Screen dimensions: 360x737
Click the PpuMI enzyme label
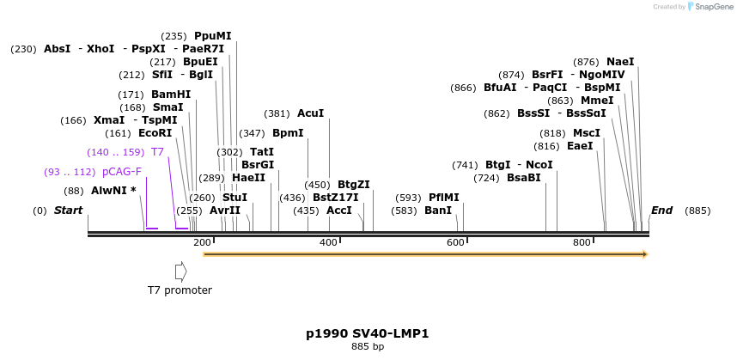(x=212, y=36)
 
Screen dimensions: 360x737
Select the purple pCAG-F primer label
(x=121, y=172)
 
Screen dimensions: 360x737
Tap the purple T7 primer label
(x=157, y=152)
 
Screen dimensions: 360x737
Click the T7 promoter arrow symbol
(x=180, y=272)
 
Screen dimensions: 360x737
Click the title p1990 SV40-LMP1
(x=367, y=333)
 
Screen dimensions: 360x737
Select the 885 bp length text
(x=368, y=347)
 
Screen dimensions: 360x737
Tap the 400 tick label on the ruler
(x=329, y=243)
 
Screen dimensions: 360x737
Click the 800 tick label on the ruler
(x=582, y=243)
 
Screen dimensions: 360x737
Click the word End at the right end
(x=661, y=211)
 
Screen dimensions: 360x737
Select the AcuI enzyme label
(x=310, y=113)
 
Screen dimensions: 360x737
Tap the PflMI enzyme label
(x=443, y=198)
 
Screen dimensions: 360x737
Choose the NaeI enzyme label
(x=620, y=62)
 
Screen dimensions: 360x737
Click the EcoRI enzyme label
(x=155, y=133)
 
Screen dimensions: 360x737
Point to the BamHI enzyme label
(x=171, y=95)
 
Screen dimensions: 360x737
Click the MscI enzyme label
(x=587, y=133)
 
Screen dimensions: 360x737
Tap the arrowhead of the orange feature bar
(x=644, y=254)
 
